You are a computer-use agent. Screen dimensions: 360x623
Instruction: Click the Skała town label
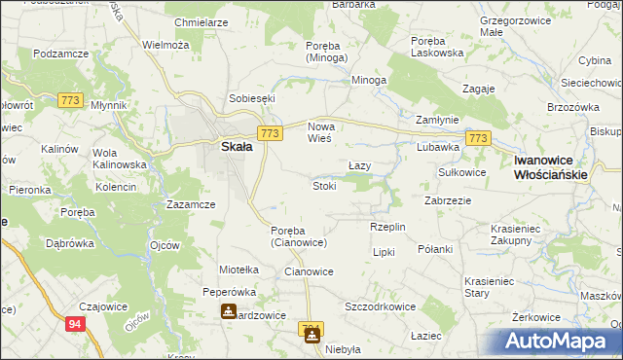coord(232,146)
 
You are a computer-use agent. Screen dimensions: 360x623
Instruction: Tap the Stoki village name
coord(324,186)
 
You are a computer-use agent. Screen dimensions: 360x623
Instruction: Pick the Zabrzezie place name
coord(449,199)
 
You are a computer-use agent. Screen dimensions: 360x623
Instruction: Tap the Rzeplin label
coord(386,226)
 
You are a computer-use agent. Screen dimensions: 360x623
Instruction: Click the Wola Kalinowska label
coord(118,159)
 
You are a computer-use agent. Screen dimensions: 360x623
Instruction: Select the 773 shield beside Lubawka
coord(477,139)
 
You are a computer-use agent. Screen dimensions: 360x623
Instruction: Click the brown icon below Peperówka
coord(227,311)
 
